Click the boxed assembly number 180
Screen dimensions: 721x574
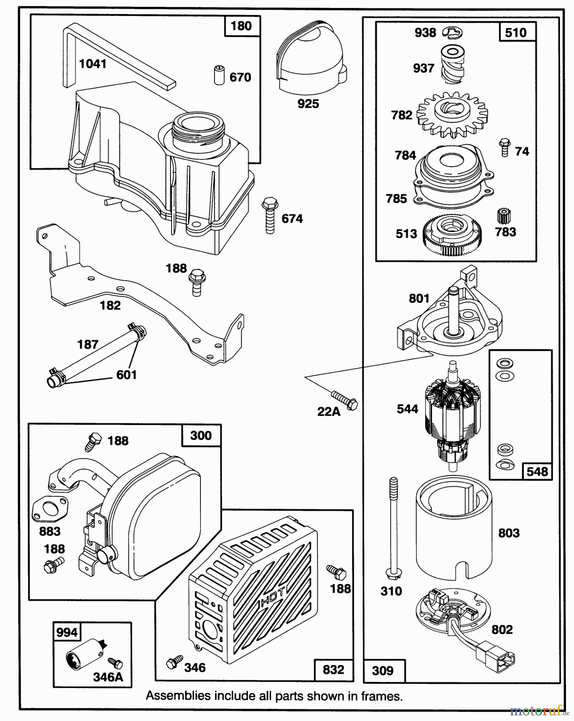[x=241, y=26]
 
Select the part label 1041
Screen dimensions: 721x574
[x=93, y=64]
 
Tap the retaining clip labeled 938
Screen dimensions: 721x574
[x=452, y=32]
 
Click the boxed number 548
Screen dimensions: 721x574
[x=537, y=471]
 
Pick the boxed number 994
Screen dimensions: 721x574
[x=67, y=632]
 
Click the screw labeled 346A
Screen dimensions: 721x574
[x=116, y=664]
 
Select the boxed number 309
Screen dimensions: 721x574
[x=383, y=671]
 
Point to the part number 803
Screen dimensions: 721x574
[x=509, y=533]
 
